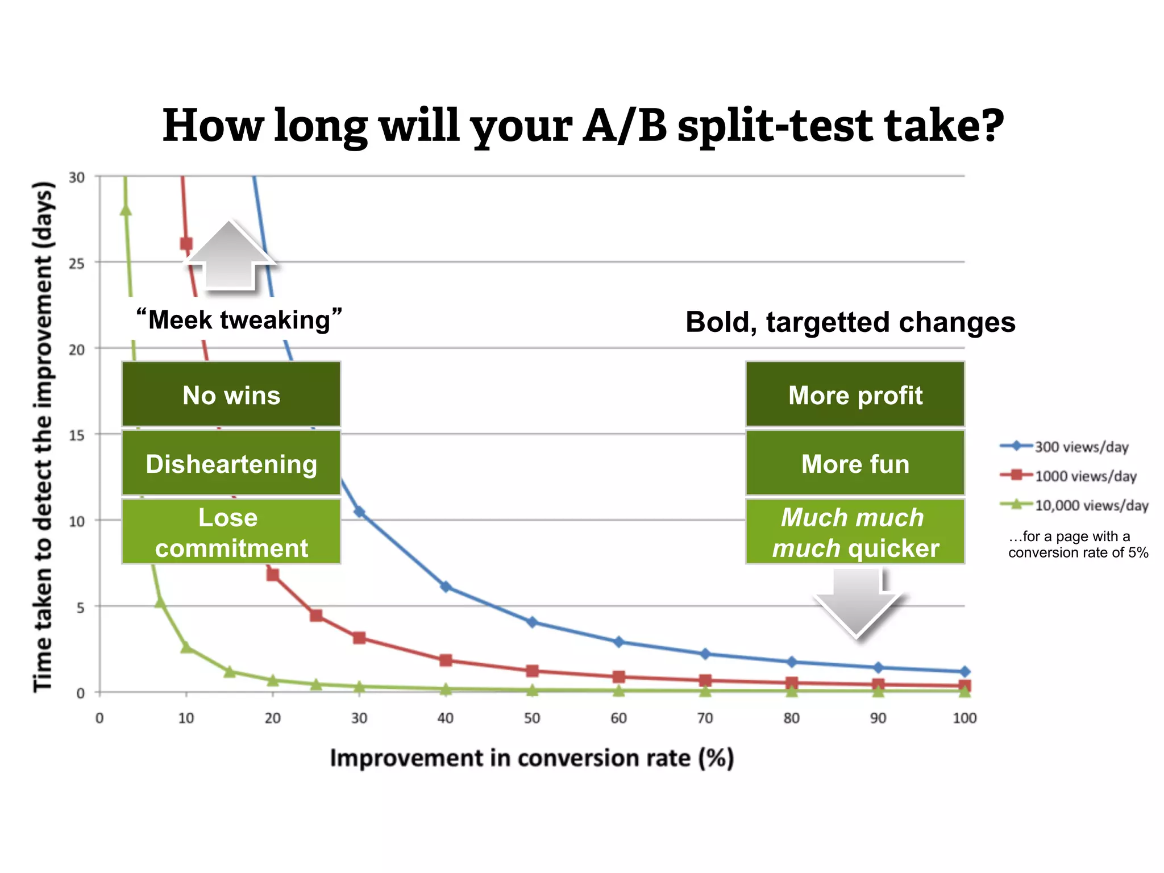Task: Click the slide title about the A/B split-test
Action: tap(583, 126)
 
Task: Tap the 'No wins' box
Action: tap(231, 394)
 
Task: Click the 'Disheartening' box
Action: tap(231, 463)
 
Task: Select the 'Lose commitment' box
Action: tap(231, 532)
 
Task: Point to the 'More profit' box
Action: tap(855, 394)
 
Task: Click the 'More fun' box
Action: tap(855, 463)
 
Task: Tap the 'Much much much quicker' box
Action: tap(855, 532)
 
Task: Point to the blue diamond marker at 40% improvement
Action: tap(446, 587)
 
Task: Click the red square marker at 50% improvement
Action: tap(532, 671)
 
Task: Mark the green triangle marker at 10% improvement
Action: tap(186, 647)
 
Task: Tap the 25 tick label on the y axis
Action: tap(77, 264)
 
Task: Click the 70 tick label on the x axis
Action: tap(705, 718)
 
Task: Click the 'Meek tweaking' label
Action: tap(239, 320)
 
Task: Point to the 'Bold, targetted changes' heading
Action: tap(850, 322)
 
